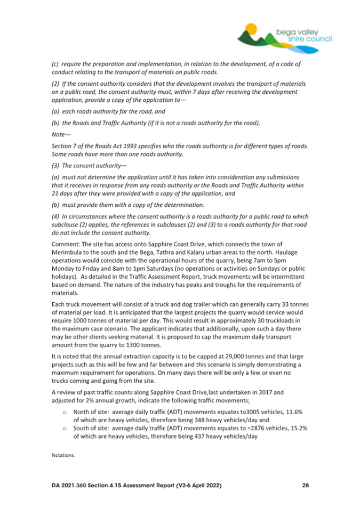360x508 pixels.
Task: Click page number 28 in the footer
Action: pyautogui.click(x=305, y=486)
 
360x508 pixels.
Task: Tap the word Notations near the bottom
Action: pyautogui.click(x=63, y=456)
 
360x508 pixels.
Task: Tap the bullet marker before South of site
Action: pyautogui.click(x=65, y=429)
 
